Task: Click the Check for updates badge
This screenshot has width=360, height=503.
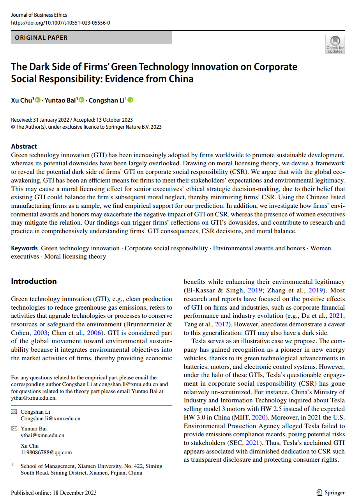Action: coord(335,44)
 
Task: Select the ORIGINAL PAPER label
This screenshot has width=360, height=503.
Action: coord(41,38)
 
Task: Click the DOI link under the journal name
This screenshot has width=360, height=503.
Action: coord(60,23)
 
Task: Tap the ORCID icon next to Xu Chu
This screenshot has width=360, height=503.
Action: coord(38,100)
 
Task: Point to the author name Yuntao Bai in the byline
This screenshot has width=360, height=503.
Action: coord(60,101)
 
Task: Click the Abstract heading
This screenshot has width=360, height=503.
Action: coord(24,146)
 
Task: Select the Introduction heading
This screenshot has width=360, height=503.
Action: coord(34,281)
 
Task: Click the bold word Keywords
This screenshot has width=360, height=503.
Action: coord(24,248)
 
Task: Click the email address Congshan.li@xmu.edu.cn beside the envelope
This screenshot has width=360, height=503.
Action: coord(50,418)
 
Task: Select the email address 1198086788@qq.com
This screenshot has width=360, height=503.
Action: coord(46,452)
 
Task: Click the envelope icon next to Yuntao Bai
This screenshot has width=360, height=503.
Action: coord(14,429)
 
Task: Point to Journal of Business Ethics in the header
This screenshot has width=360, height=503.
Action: coord(39,15)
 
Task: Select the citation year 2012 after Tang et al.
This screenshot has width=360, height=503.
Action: coord(221,324)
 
